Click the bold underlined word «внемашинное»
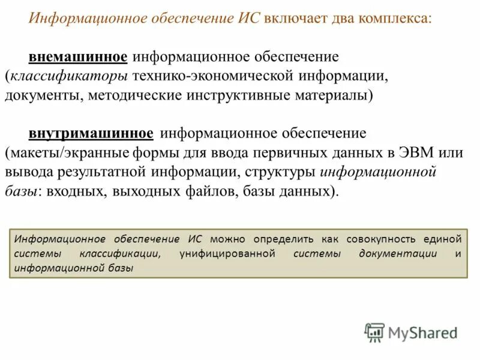pyautogui.click(x=78, y=57)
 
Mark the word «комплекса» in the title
pyautogui.click(x=394, y=17)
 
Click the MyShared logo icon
pyautogui.click(x=374, y=332)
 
